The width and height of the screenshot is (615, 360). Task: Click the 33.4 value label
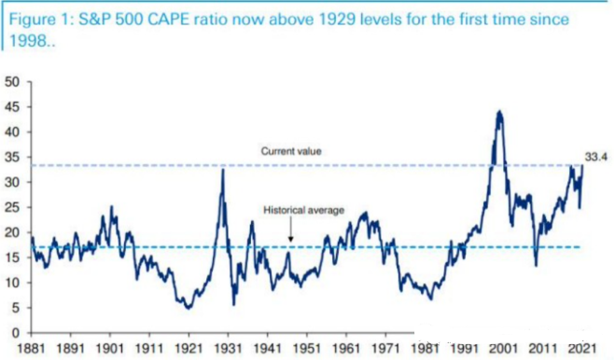(x=595, y=158)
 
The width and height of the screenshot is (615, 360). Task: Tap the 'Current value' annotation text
(x=291, y=151)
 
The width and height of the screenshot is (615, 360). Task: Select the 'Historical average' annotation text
(x=303, y=210)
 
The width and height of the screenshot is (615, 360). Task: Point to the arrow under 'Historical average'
(x=290, y=229)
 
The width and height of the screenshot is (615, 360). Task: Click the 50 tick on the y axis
(x=12, y=82)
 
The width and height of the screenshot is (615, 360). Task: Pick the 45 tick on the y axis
(x=12, y=107)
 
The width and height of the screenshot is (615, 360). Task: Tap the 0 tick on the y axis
(x=15, y=333)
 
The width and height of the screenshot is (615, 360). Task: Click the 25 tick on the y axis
(x=12, y=207)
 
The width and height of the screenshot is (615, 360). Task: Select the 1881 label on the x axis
(x=31, y=348)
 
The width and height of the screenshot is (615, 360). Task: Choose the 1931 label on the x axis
(x=228, y=348)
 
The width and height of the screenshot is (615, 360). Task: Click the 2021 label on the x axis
(x=582, y=348)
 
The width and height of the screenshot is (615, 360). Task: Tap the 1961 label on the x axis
(x=346, y=348)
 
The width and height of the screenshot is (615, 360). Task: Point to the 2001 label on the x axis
(x=503, y=348)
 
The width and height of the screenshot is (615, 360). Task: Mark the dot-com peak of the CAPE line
(x=499, y=112)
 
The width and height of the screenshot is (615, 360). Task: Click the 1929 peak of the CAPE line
(x=223, y=170)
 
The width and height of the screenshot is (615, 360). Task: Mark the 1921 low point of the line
(x=189, y=308)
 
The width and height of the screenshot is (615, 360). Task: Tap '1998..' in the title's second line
(x=32, y=41)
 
